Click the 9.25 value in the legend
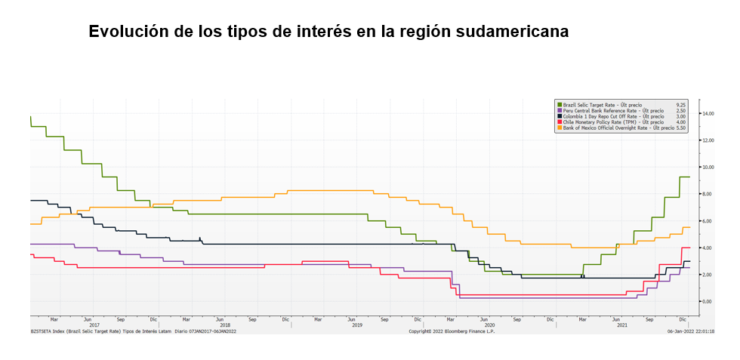coord(680,104)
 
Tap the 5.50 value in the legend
coord(680,128)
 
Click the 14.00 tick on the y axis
coord(708,113)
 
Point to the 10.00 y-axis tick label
coord(708,167)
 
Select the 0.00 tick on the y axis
coord(707,301)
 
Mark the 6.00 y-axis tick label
coord(707,220)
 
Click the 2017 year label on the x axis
coord(94,325)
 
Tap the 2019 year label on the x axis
coord(357,325)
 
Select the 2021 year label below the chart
coord(622,325)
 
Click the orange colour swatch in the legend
coord(559,128)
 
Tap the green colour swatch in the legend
coord(559,104)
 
